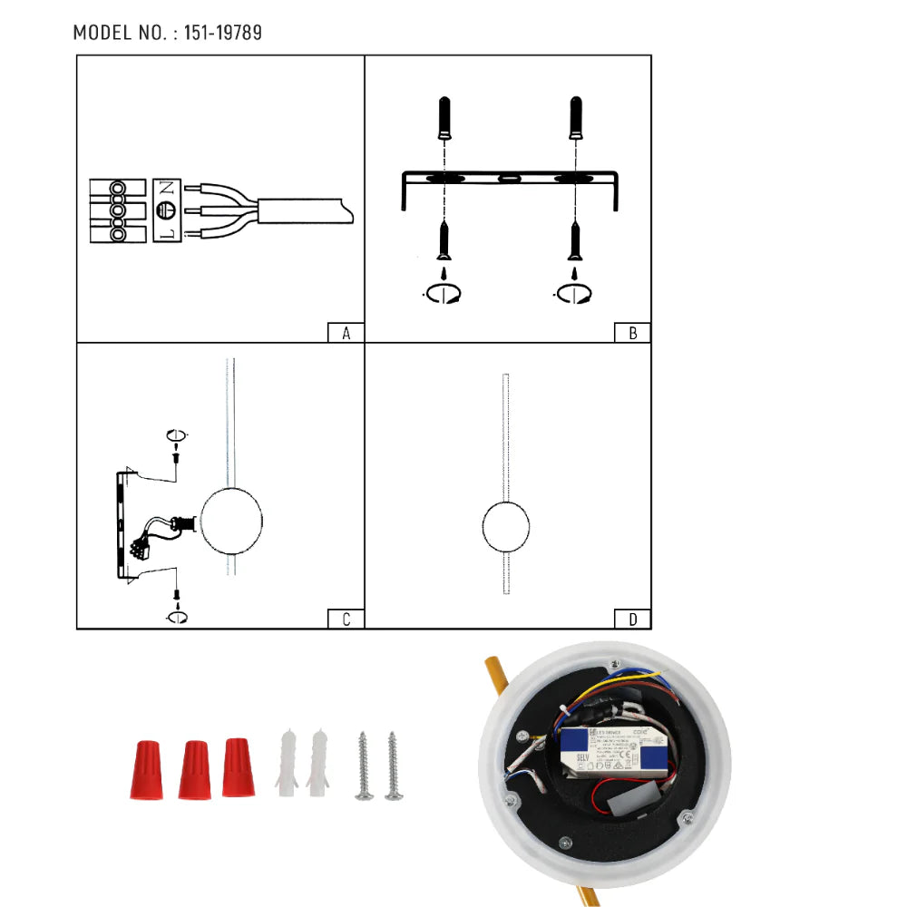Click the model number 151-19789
tap(222, 34)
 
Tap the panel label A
tap(346, 333)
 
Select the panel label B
tap(632, 333)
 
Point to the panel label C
tap(346, 619)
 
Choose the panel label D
tap(632, 619)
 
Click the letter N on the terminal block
tap(165, 190)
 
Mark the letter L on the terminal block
tap(165, 233)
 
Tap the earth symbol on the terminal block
tap(165, 211)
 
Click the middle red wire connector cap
tap(194, 770)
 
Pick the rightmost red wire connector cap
tap(238, 767)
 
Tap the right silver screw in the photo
tap(393, 766)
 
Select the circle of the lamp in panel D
tap(506, 528)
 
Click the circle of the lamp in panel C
tap(231, 521)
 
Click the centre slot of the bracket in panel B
tap(510, 178)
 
